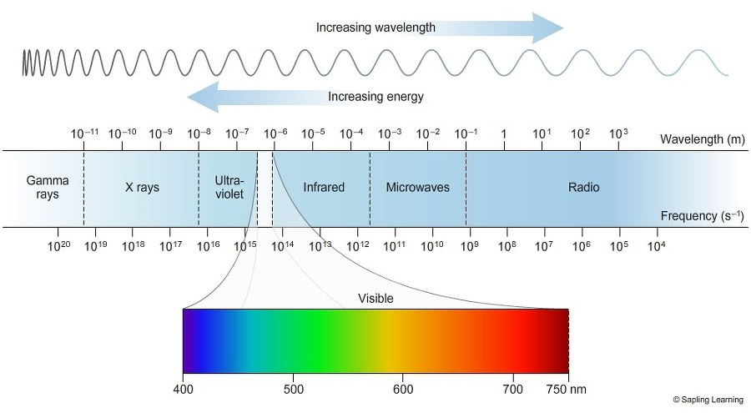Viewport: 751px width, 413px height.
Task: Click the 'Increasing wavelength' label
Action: (x=375, y=28)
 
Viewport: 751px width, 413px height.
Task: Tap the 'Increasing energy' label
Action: (x=375, y=97)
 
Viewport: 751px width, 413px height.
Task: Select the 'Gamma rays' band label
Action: (x=43, y=187)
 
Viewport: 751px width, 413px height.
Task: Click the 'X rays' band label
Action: (x=142, y=188)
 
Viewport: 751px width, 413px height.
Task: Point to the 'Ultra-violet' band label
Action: (x=229, y=187)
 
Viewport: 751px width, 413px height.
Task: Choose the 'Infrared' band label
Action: (x=324, y=188)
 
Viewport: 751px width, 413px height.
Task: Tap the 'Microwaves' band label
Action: (x=417, y=188)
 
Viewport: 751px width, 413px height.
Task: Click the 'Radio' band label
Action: (x=583, y=188)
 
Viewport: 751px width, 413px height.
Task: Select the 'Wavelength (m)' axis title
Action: (x=701, y=139)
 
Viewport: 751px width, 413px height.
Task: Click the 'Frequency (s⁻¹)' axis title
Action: (x=702, y=216)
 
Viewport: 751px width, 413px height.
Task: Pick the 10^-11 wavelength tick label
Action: (x=84, y=133)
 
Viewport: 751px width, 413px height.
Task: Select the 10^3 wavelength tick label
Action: (x=618, y=133)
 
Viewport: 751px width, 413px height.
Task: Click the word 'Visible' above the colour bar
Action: (x=375, y=298)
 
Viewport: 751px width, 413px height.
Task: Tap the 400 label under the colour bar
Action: (x=183, y=389)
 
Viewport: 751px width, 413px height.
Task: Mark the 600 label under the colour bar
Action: (x=403, y=389)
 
